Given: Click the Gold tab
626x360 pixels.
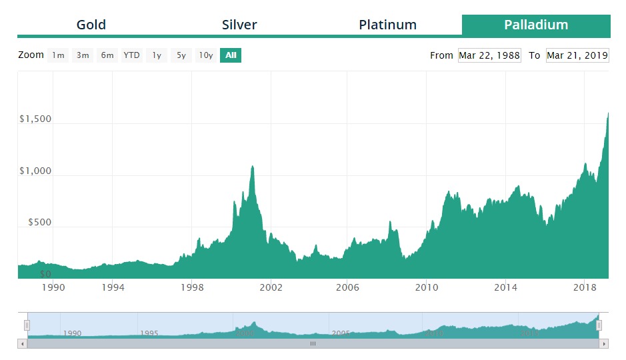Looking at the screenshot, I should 91,25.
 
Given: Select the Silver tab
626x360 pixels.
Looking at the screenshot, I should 239,25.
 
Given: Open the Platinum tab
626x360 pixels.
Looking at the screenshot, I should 387,25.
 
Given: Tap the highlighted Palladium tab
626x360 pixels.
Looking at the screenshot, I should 536,25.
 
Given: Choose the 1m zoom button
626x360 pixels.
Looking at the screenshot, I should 59,55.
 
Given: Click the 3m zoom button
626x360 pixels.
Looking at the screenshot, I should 83,55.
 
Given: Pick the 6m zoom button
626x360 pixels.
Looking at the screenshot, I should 107,55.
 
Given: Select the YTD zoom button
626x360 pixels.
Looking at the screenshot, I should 132,55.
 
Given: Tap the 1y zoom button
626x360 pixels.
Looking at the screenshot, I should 157,55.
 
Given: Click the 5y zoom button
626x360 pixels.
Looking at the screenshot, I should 181,55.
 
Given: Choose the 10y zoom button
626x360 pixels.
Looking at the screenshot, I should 206,55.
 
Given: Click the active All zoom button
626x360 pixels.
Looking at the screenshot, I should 231,55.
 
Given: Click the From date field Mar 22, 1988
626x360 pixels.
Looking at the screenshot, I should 489,55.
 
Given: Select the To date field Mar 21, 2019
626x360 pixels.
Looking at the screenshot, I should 577,55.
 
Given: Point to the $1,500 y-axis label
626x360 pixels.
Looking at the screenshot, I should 35,119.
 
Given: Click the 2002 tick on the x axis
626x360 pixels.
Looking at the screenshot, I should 271,287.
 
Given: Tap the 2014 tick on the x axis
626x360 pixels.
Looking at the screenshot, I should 506,287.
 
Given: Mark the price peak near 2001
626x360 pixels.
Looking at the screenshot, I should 252,166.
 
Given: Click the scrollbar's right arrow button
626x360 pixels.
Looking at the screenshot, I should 604,344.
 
